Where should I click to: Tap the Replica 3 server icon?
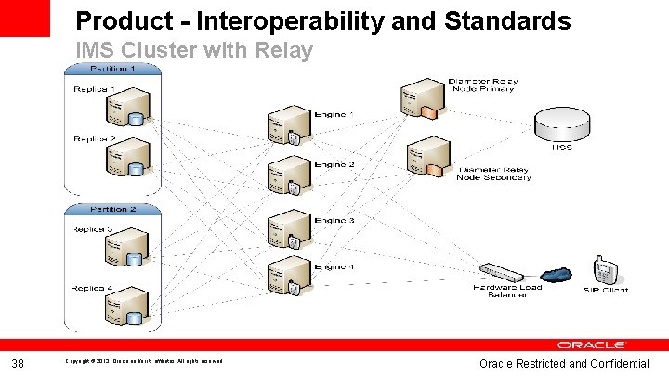(x=127, y=249)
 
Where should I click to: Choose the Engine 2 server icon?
(x=283, y=177)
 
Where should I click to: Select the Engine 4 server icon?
(x=283, y=276)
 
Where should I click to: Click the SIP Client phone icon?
(x=605, y=269)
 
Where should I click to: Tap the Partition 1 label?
(x=112, y=69)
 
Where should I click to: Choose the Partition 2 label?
(x=112, y=209)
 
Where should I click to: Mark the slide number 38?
(x=18, y=362)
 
